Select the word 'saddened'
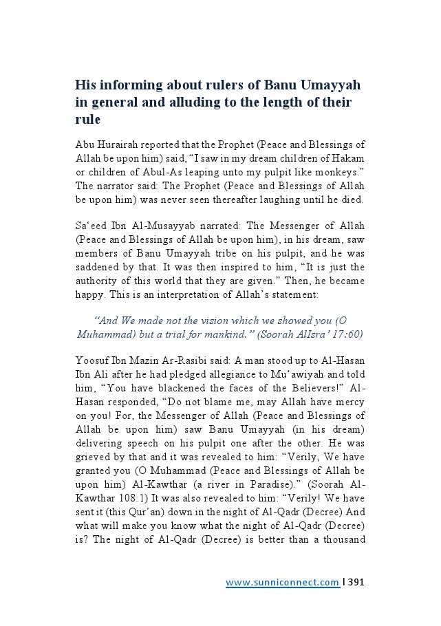click(98, 268)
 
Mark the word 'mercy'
click(351, 402)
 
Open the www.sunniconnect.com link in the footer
click(282, 583)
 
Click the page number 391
click(356, 583)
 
